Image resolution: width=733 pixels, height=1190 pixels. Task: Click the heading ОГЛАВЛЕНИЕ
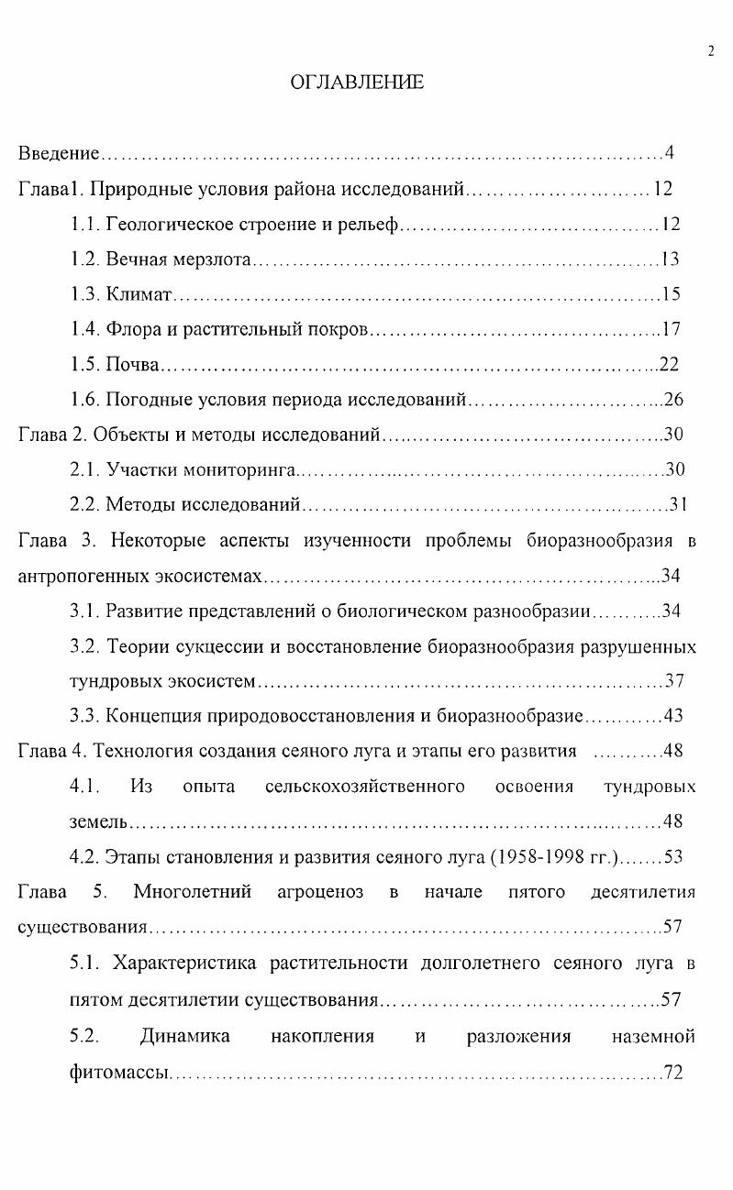click(357, 83)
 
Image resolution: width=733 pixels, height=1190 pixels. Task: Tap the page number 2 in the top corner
click(711, 51)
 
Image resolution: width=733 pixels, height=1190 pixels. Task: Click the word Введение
click(59, 152)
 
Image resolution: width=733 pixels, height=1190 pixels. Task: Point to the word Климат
click(139, 294)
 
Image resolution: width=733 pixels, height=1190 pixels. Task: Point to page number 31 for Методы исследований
click(679, 505)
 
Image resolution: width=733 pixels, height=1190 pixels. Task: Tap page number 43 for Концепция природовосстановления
click(673, 716)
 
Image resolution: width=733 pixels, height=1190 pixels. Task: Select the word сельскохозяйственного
click(364, 787)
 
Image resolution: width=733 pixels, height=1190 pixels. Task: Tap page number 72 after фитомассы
click(673, 1072)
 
